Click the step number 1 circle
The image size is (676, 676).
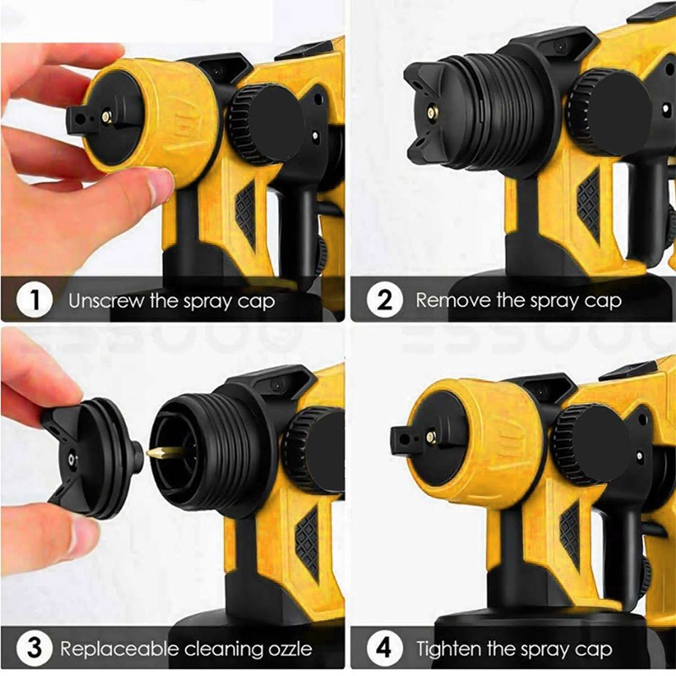point(34,300)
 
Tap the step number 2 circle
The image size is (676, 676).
point(384,300)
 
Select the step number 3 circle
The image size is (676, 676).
point(34,648)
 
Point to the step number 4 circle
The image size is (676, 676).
point(384,648)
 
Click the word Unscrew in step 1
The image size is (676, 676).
point(106,301)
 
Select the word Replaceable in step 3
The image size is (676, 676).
point(119,648)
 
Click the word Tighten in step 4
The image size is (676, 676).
point(449,648)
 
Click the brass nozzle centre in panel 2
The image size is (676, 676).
point(431,113)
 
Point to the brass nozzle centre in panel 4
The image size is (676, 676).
point(430,437)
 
